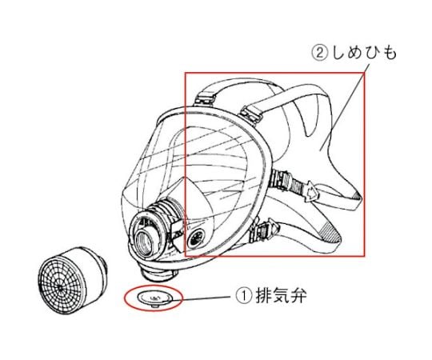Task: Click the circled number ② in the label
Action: [x=320, y=53]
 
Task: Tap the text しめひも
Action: [x=364, y=53]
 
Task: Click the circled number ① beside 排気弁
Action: [x=244, y=296]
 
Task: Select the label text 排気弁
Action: [x=281, y=296]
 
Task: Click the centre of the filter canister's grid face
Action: [x=60, y=286]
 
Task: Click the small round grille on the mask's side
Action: [x=196, y=238]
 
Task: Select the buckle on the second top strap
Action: [x=251, y=114]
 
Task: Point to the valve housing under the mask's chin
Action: [x=158, y=274]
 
